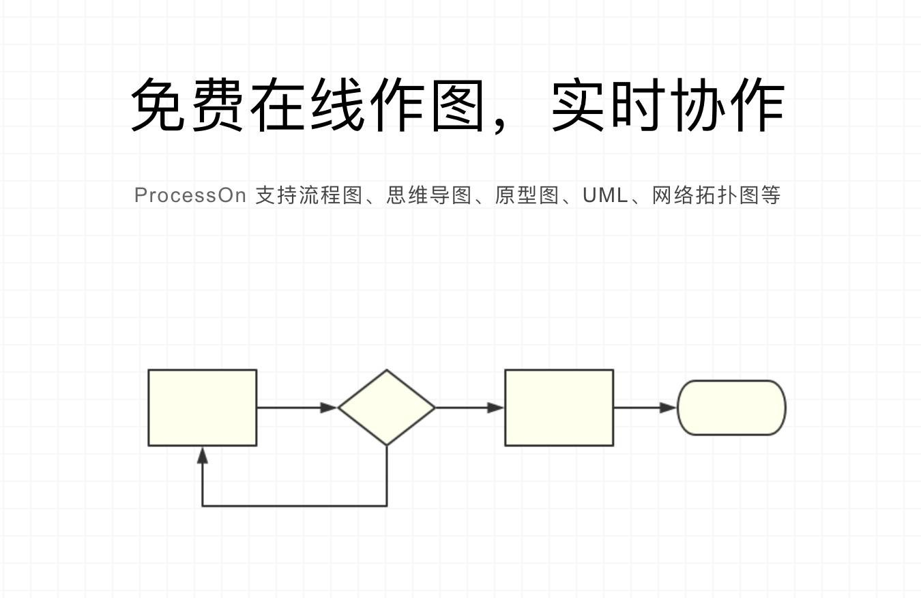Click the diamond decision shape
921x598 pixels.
click(387, 408)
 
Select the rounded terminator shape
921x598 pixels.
click(731, 408)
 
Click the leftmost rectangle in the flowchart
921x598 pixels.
click(203, 408)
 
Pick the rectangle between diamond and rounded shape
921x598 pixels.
click(559, 408)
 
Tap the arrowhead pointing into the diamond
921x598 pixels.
click(329, 408)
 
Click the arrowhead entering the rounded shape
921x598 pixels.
click(668, 408)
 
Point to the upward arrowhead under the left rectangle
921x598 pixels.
click(203, 455)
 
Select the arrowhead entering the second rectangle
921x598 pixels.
click(496, 408)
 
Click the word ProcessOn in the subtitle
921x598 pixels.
click(190, 195)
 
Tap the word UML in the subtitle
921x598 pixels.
click(605, 195)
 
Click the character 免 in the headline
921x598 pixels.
click(157, 105)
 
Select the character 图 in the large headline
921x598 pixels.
click(458, 105)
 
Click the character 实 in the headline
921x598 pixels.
click(577, 105)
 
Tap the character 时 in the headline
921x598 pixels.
click(638, 105)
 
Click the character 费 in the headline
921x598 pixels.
click(217, 105)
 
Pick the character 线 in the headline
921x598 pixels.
click(338, 105)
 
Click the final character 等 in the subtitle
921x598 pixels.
click(770, 195)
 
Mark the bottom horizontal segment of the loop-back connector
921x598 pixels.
click(295, 505)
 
